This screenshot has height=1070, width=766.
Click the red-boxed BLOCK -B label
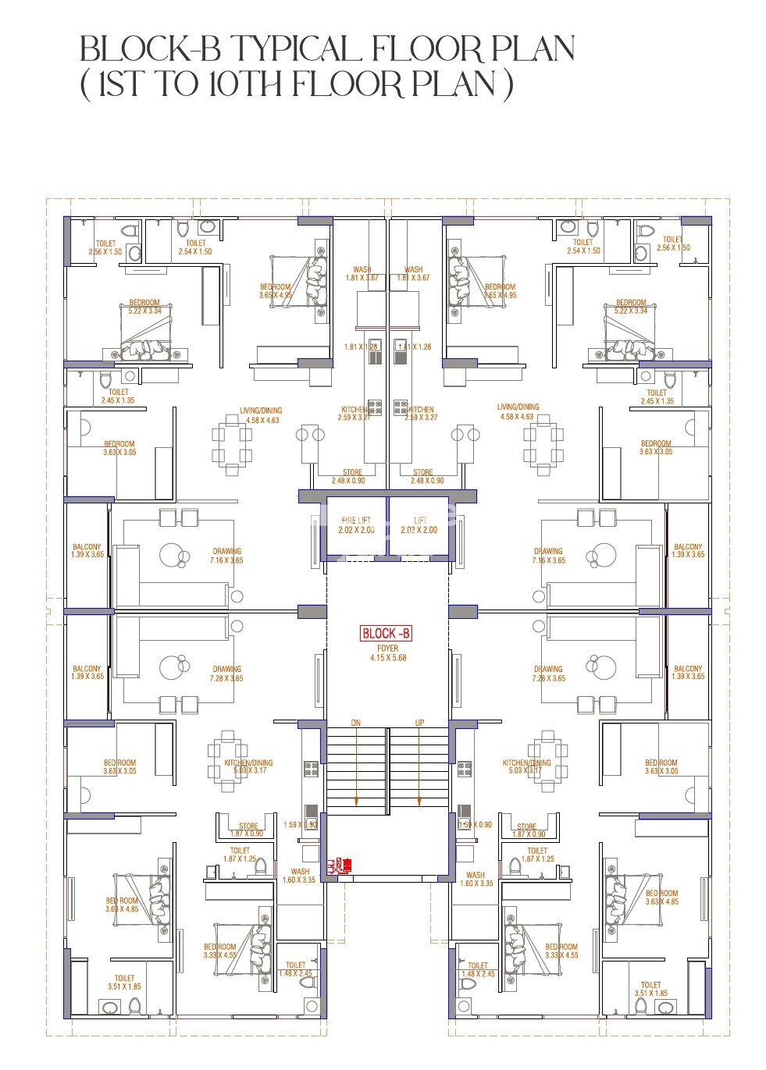(x=386, y=634)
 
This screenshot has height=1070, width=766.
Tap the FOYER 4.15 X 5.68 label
(x=387, y=653)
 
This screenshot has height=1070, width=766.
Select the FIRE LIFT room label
(x=356, y=525)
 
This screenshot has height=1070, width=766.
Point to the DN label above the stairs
(x=356, y=723)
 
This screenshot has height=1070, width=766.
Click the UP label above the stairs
(x=419, y=723)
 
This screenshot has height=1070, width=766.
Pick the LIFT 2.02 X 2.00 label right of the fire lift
(x=419, y=525)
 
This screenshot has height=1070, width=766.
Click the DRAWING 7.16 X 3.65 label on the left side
(x=227, y=556)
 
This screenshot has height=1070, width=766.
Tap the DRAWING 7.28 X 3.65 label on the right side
(x=548, y=674)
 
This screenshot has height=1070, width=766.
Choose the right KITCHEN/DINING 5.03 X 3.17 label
(x=527, y=767)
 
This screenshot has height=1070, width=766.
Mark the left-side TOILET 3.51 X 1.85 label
(x=124, y=982)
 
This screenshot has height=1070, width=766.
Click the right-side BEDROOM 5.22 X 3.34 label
(x=631, y=307)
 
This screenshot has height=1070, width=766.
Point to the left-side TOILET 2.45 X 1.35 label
(x=118, y=396)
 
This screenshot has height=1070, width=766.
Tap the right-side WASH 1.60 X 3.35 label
(x=476, y=880)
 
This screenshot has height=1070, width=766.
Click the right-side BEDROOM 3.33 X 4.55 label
(x=561, y=951)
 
